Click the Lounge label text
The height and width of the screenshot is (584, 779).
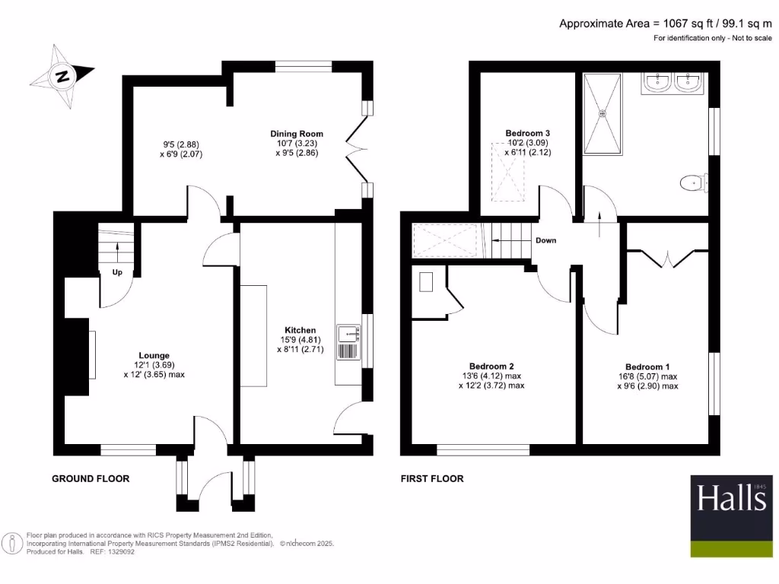coord(154,355)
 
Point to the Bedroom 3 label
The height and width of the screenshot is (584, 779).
coord(527,133)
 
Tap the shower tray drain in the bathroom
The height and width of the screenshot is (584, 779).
coord(603,114)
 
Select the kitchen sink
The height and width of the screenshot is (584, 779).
coord(351,332)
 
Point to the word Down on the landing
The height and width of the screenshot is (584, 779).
coord(545,240)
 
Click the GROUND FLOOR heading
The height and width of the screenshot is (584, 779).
coord(91,478)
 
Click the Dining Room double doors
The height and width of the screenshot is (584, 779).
coord(355,149)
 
